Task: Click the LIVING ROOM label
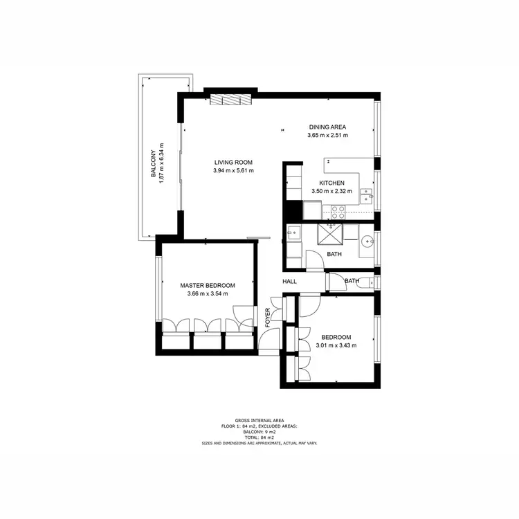[x=233, y=163]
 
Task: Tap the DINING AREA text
[x=327, y=127]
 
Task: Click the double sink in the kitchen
[x=367, y=199]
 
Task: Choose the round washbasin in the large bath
[x=366, y=242]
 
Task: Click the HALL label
[x=289, y=282]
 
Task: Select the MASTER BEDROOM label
[x=208, y=285]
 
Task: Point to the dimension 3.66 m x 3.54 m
[x=208, y=294]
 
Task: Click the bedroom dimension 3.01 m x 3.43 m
[x=336, y=345]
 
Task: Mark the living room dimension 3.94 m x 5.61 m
[x=233, y=171]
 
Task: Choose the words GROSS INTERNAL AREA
[x=259, y=420]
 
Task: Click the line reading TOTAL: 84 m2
[x=259, y=437]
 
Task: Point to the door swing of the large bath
[x=315, y=258]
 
